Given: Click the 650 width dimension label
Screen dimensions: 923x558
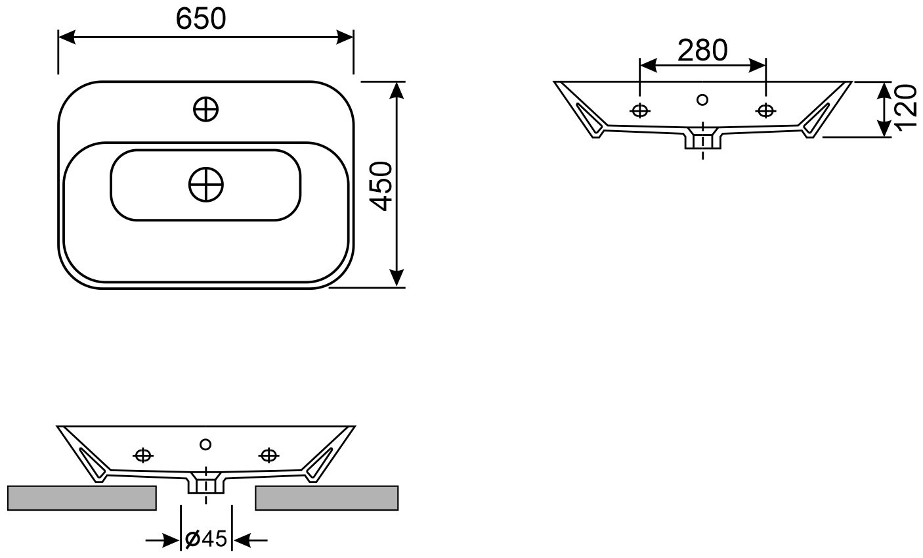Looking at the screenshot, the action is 201,19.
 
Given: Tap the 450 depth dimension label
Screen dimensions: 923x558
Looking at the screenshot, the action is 381,186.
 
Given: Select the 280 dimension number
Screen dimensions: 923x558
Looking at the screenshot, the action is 702,50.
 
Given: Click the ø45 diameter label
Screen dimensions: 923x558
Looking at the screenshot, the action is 206,538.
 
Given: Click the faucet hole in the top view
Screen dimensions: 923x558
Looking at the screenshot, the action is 205,109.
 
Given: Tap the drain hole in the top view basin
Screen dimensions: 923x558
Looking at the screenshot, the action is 206,184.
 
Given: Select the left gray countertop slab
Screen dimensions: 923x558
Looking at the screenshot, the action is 82,498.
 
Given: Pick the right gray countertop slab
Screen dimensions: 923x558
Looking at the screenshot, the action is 327,498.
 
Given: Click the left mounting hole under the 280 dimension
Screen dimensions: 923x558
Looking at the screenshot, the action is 640,110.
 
